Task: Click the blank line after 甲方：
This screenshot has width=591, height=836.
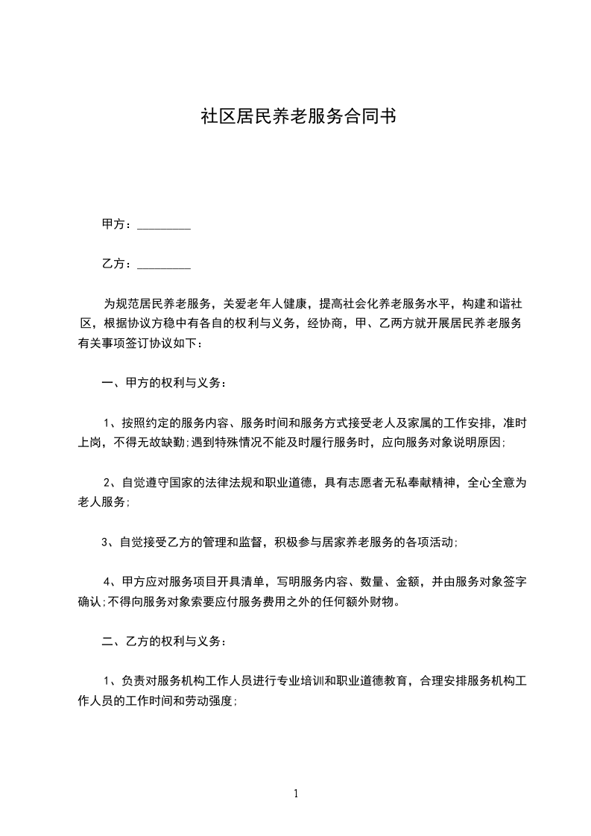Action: point(164,227)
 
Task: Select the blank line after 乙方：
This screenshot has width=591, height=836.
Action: point(164,265)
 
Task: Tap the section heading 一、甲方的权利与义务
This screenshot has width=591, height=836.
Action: point(162,383)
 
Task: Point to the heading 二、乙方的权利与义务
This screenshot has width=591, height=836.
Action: point(162,641)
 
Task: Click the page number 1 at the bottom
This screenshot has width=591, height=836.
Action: point(296,794)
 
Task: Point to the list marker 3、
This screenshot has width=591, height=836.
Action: point(110,542)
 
